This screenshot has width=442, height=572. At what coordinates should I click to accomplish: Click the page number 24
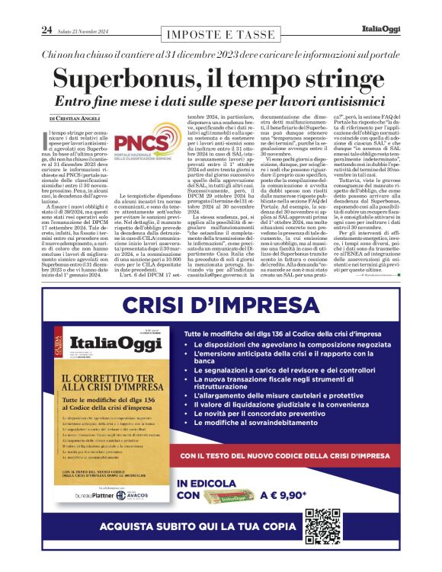(46, 30)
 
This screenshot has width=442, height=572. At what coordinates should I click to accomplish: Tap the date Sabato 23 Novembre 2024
(88, 30)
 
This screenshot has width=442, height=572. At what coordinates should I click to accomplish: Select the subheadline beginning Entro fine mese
(220, 101)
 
